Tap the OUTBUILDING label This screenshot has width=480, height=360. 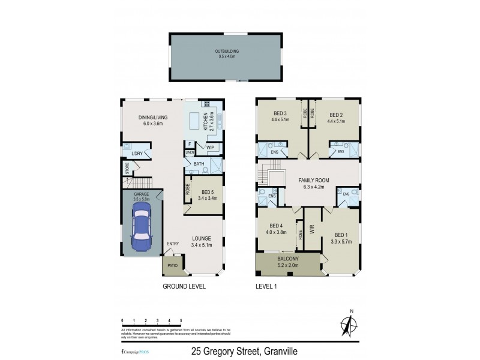click(226, 52)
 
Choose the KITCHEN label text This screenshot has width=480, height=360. click(206, 122)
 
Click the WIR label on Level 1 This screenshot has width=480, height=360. click(312, 229)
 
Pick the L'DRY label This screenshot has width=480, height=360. click(137, 154)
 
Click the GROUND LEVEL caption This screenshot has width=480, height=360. click(184, 287)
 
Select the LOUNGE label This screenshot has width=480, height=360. click(202, 238)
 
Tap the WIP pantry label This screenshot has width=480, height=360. click(210, 146)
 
